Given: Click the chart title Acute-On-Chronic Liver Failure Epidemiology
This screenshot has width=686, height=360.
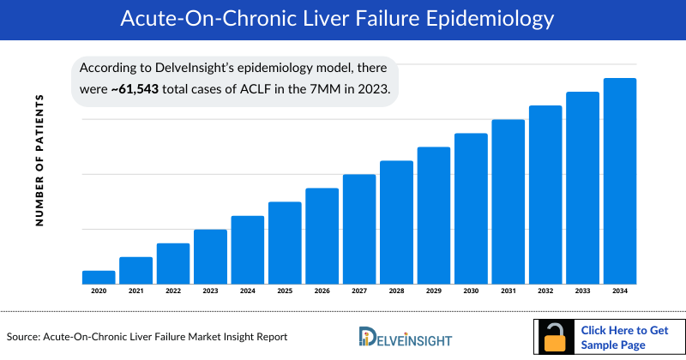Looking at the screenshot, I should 343,17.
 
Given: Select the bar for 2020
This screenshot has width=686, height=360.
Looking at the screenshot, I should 99,277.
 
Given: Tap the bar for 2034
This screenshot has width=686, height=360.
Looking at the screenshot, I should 620,181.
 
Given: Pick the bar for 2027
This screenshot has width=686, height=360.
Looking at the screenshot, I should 359,229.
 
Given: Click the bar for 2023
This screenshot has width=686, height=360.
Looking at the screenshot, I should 210,256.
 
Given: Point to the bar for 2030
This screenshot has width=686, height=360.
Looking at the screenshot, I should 471,208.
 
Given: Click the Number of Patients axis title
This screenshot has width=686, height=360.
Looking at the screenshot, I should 39,160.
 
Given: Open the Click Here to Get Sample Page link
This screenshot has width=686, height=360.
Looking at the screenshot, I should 623,337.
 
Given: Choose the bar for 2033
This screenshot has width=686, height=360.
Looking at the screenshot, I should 582,188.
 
